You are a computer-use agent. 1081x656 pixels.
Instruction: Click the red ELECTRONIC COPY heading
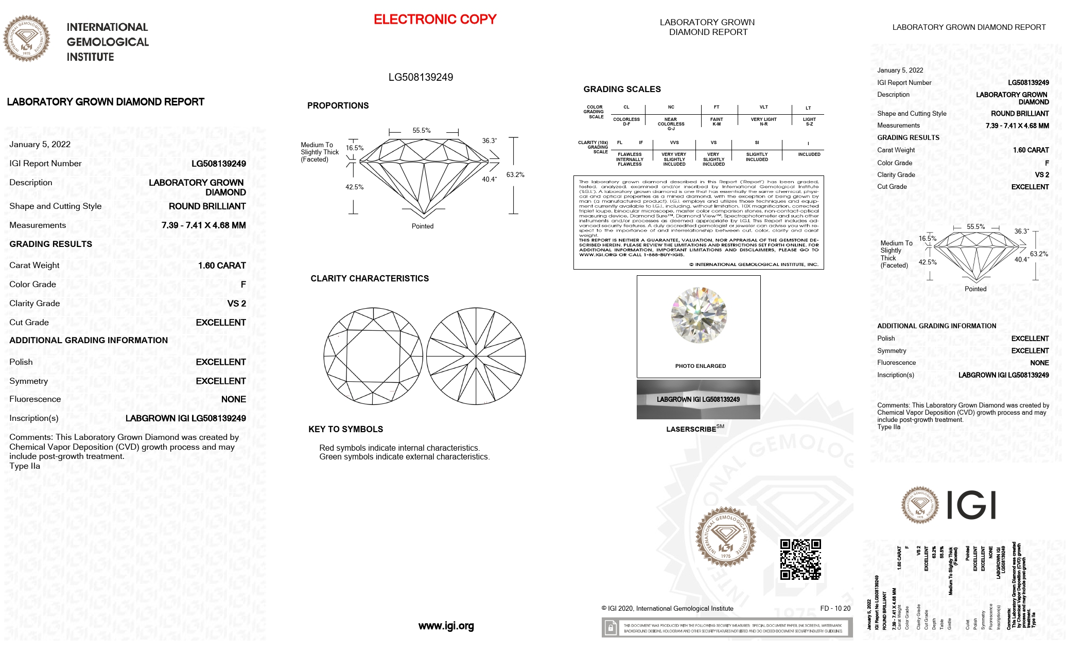point(435,20)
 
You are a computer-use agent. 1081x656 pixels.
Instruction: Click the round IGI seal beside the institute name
point(27,39)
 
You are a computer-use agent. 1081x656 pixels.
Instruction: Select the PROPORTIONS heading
point(338,105)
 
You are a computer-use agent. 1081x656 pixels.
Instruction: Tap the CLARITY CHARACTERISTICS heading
point(370,278)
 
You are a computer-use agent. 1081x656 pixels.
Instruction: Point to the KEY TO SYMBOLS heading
point(345,429)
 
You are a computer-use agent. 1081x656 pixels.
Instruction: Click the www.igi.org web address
point(446,626)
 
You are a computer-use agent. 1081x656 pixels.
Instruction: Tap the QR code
point(800,559)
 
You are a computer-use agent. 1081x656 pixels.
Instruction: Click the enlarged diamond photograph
point(699,315)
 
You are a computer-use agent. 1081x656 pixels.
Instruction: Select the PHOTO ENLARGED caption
point(700,366)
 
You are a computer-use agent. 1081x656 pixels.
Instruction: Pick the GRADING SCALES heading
point(622,89)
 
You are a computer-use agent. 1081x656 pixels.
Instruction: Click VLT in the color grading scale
point(763,108)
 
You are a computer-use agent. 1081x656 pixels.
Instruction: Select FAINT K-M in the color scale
point(717,121)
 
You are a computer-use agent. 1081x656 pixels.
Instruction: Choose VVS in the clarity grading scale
point(674,143)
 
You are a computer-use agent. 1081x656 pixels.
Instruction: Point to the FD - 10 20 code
point(835,609)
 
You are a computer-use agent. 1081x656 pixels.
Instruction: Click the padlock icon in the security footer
point(610,628)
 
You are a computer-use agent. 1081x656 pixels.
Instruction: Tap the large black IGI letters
point(971,505)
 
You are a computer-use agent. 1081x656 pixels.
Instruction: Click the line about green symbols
point(404,457)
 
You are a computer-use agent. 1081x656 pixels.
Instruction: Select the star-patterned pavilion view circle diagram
point(476,356)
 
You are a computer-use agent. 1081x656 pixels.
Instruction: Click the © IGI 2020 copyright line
point(667,609)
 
